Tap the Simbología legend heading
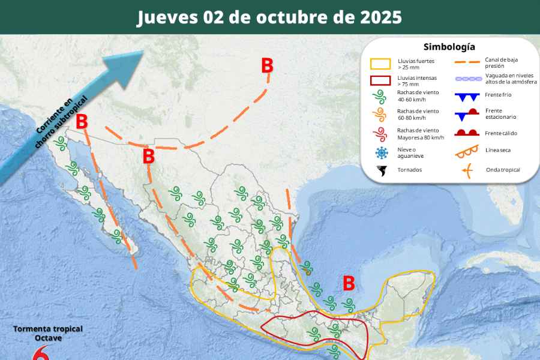449,47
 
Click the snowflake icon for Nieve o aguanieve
380,152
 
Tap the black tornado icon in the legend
381,170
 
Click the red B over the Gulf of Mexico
348,283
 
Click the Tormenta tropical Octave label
48,334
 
